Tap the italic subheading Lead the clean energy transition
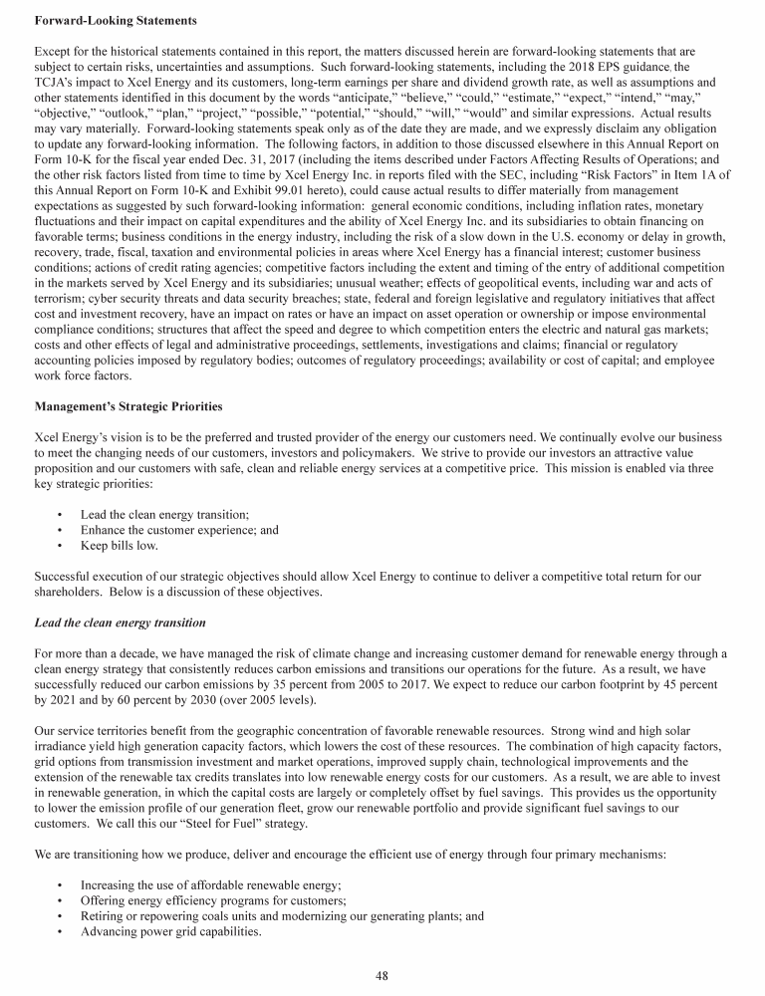pos(120,622)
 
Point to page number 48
pos(382,975)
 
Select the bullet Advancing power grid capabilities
pos(171,932)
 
